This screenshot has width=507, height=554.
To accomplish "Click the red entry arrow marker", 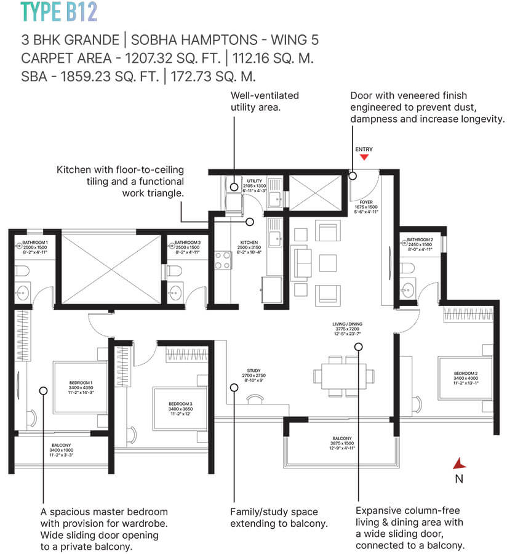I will (364, 158).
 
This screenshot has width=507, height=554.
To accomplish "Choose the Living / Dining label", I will (340, 337).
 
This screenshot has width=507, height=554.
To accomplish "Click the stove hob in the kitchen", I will (222, 261).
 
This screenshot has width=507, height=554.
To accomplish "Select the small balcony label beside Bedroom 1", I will (61, 449).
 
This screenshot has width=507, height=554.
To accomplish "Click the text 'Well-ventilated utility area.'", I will (265, 101).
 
